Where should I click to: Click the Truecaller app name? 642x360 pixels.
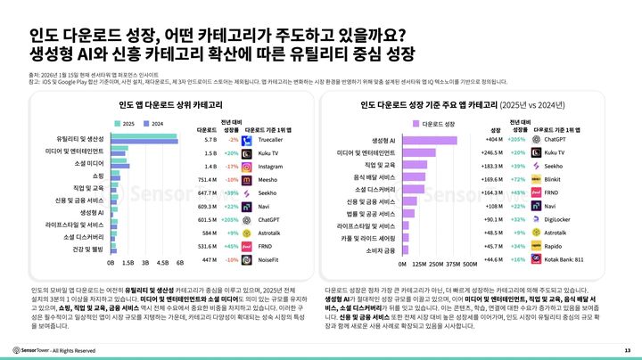pos(271,140)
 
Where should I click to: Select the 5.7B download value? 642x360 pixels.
pos(211,140)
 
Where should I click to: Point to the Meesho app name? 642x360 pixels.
pos(269,179)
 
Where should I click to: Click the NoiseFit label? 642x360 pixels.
pos(270,259)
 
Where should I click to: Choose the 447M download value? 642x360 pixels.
pos(210,259)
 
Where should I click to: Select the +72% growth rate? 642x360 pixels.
pos(517,179)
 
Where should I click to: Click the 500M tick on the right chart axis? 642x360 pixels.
pos(474,264)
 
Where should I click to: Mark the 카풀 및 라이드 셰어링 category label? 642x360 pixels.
pos(365,239)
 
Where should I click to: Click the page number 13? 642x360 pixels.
pos(628,349)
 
